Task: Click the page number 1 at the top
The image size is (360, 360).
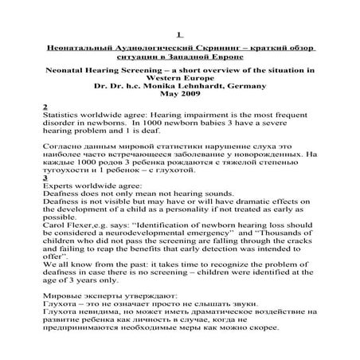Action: tap(180, 33)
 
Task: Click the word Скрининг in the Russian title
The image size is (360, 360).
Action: tap(202, 49)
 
